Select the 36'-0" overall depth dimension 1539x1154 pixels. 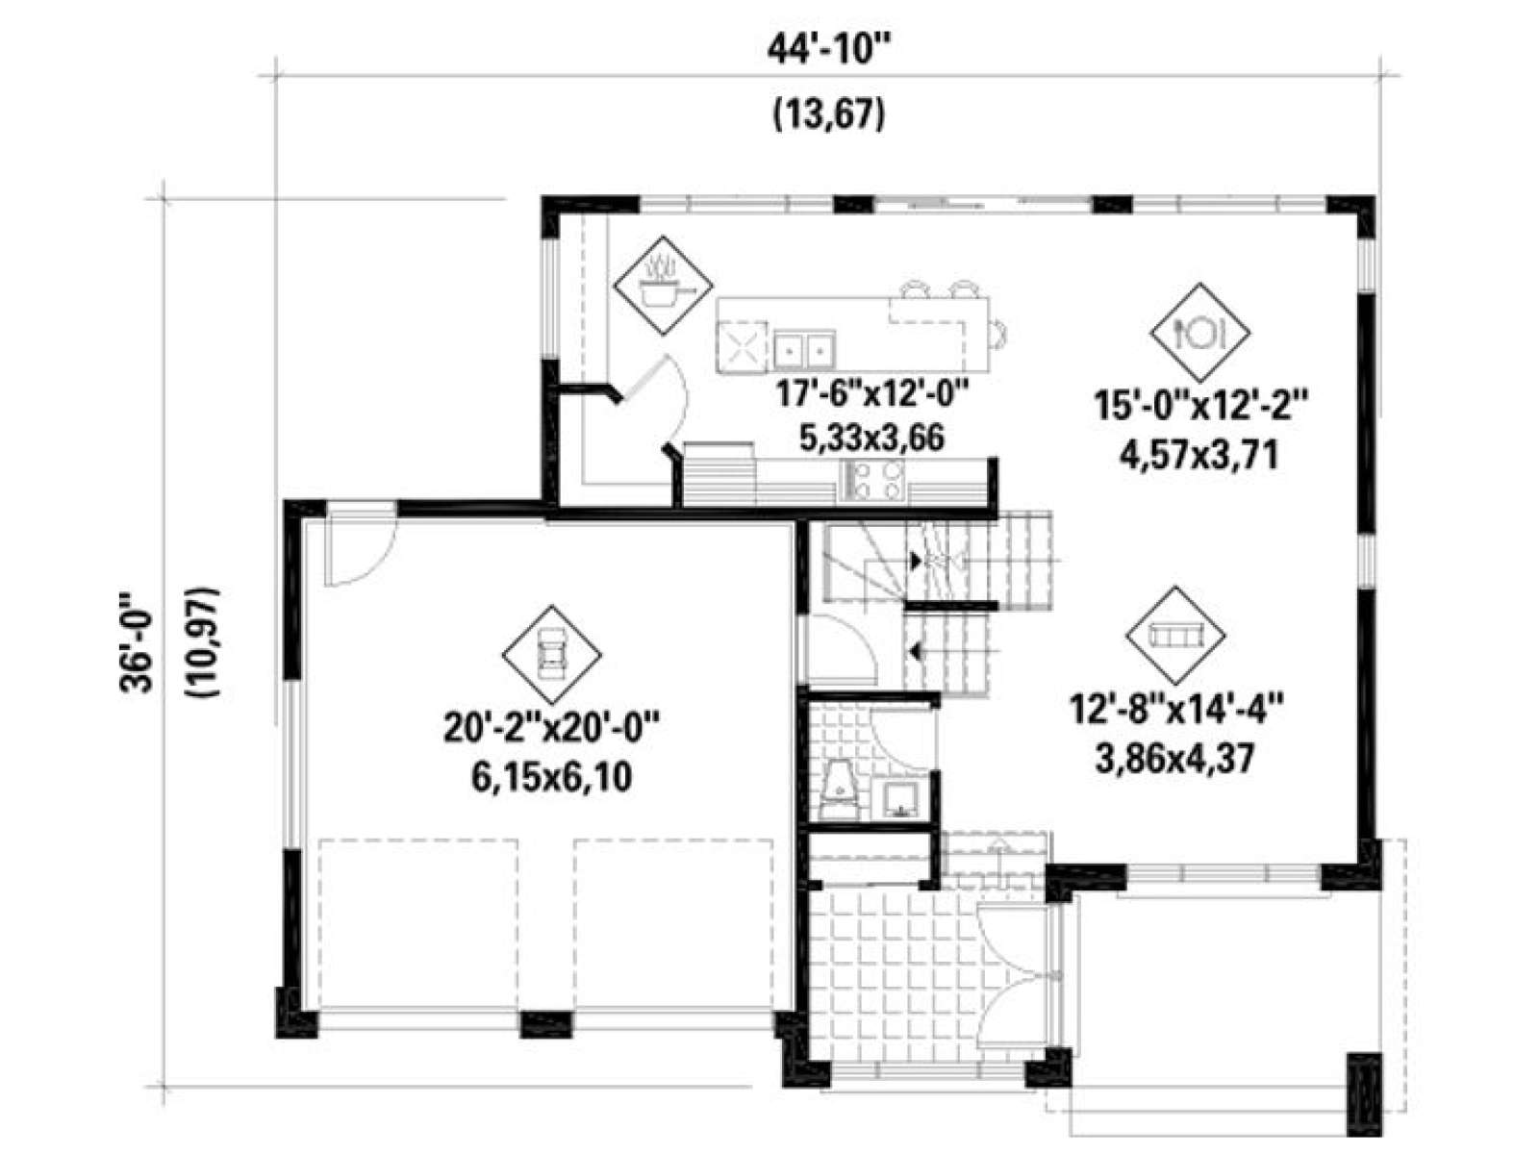coord(136,643)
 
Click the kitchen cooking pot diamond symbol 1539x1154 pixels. coord(662,286)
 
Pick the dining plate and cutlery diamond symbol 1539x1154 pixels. coord(1199,332)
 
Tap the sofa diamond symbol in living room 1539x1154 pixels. coord(1175,636)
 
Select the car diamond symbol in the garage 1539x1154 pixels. coord(551,655)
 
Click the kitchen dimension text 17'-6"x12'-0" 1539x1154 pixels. coord(871,395)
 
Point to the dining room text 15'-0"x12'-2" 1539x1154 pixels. coord(1199,407)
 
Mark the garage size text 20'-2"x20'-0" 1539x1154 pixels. coord(551,729)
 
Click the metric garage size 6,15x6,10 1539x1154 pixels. coord(551,778)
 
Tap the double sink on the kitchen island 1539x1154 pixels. coord(804,350)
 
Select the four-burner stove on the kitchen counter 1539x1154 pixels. coord(873,481)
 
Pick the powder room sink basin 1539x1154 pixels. coord(902,799)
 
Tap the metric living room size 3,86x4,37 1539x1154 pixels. coord(1175,760)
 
